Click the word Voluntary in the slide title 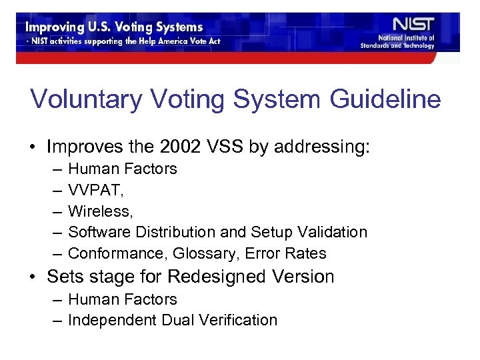(86, 99)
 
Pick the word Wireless (100, 211)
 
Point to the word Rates (306, 253)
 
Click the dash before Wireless (55, 211)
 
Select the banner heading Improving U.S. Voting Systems (114, 27)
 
